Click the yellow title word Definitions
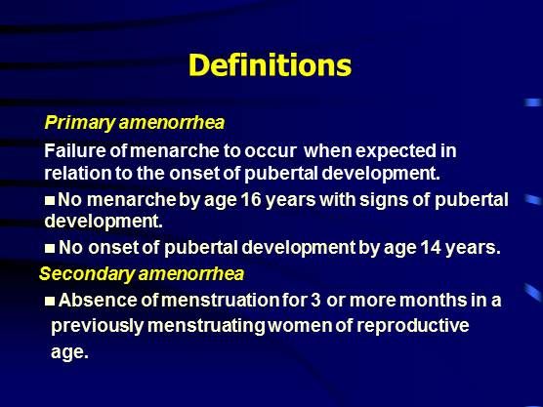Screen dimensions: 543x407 271,65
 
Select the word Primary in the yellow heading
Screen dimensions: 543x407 80,123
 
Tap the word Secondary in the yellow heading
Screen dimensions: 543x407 87,274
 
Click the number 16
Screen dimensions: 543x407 251,200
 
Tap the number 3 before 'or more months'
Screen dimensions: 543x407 315,300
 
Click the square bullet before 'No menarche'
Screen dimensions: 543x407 50,200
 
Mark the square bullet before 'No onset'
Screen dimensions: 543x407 50,248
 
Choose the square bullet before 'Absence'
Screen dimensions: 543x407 50,301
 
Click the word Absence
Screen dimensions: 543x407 98,300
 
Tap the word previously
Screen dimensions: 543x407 97,326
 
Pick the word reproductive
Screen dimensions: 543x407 413,326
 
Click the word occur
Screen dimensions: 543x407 271,152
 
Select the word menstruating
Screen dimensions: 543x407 206,326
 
